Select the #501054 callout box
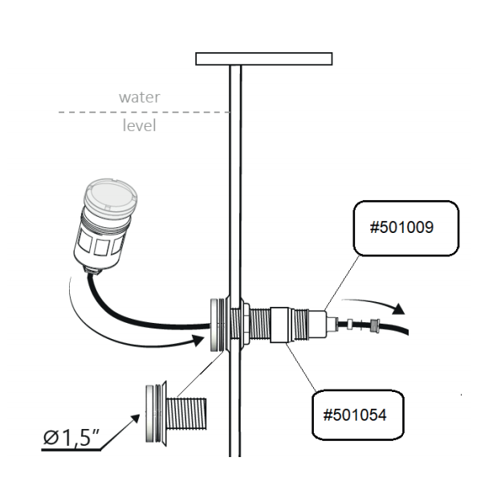[356, 415]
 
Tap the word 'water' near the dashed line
[140, 97]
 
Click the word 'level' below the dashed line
[140, 125]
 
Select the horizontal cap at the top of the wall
[264, 59]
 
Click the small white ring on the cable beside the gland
[351, 325]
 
